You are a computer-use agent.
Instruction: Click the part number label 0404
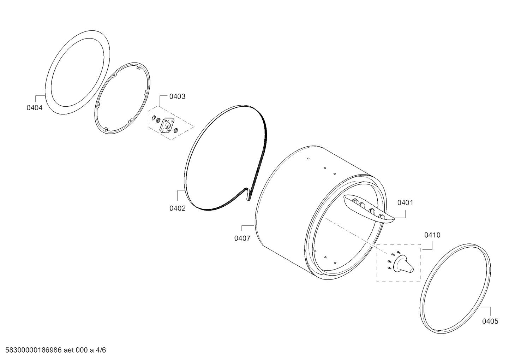pos(35,108)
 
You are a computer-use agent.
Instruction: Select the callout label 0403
pos(177,96)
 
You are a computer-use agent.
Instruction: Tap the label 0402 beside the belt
pos(178,208)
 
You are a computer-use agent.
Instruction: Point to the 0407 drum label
pos(242,238)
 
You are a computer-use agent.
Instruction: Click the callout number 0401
pos(405,203)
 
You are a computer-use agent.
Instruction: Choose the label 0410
pos(432,235)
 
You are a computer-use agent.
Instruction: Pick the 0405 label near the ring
pos(490,321)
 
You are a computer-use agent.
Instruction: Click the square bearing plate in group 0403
pos(167,125)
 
